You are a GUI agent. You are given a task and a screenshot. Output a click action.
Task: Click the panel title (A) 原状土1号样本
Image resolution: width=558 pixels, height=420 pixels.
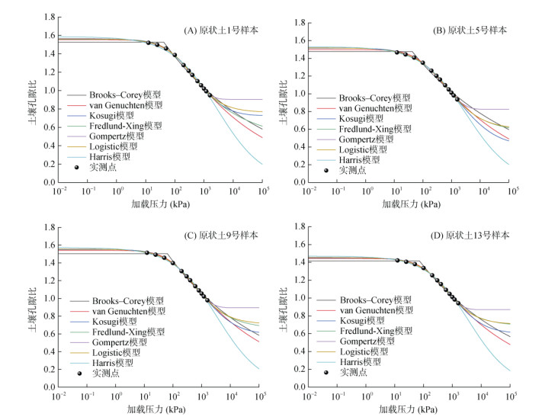[221, 30]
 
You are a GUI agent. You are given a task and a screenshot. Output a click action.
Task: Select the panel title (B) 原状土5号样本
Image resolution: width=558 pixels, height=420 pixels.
[470, 30]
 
